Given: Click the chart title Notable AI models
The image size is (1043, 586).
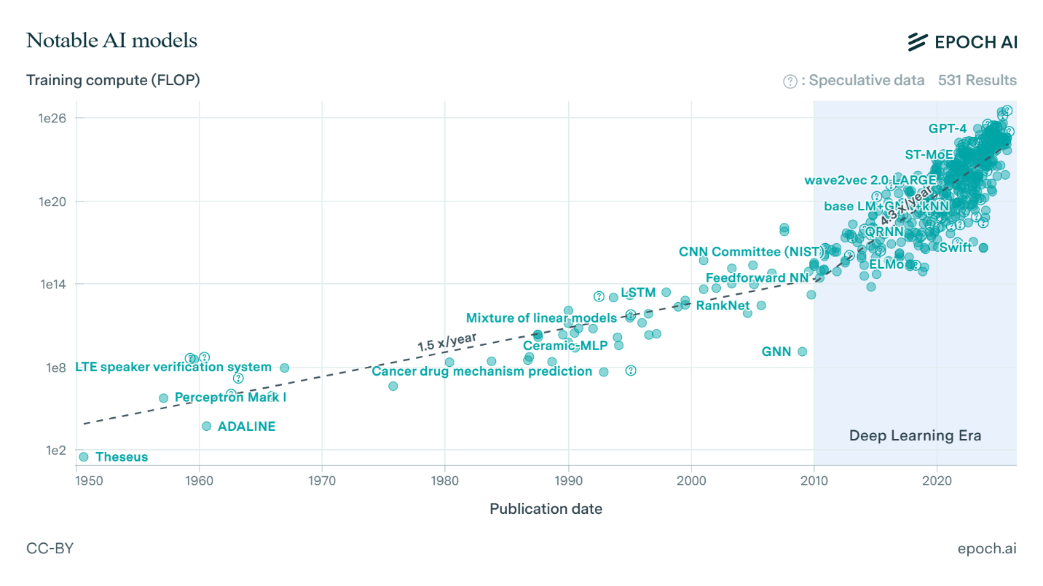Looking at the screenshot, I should coord(111,41).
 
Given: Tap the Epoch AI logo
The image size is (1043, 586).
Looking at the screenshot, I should coord(961,42).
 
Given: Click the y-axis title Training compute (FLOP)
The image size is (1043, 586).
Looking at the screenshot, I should coord(113,80).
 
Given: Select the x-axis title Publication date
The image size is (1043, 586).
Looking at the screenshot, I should coord(546,509).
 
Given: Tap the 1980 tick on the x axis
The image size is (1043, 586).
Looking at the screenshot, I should coord(445,480).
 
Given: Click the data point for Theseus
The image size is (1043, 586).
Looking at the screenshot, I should coord(84,456).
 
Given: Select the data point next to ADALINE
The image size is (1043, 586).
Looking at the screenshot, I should coord(206,426).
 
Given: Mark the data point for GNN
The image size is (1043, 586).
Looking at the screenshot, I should coord(802,352).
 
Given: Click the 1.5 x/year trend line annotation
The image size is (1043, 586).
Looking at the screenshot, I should coord(446,341).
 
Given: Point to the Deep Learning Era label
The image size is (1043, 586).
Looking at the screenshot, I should coord(915,436).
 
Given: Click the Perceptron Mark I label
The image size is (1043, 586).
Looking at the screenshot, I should coord(231,397).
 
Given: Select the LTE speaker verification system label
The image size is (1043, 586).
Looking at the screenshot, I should coord(173,367).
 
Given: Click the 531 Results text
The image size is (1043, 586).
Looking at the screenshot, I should coord(977,80).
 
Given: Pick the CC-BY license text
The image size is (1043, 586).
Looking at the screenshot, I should coord(50,548).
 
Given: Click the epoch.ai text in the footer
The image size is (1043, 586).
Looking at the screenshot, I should coord(987,548).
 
